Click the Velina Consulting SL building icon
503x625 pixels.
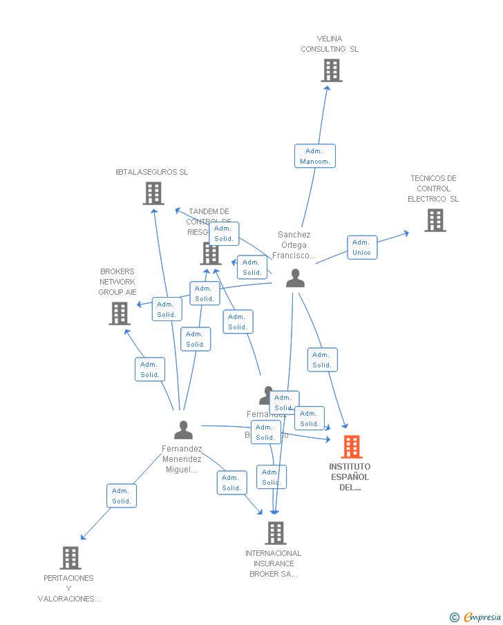332,70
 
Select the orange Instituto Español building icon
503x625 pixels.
352,447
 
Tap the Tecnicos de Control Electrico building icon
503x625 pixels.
435,220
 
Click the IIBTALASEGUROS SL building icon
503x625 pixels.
153,193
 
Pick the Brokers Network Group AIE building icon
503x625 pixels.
120,314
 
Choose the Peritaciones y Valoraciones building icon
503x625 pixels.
70,557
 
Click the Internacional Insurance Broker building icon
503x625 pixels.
275,532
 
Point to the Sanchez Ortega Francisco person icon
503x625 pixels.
295,278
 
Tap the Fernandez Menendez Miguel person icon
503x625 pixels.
183,430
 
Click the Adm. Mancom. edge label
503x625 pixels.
314,156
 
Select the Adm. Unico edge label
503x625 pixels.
361,247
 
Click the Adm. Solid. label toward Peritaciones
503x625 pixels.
122,496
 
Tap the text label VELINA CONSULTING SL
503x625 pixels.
330,44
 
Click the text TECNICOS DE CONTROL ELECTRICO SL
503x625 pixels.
433,189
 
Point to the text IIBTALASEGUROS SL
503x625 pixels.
152,172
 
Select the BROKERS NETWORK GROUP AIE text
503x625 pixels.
117,282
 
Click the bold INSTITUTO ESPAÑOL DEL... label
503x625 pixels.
349,477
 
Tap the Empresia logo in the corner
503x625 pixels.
476,617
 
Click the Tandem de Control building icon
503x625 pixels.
210,253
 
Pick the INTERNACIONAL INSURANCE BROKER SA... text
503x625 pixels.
274,564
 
